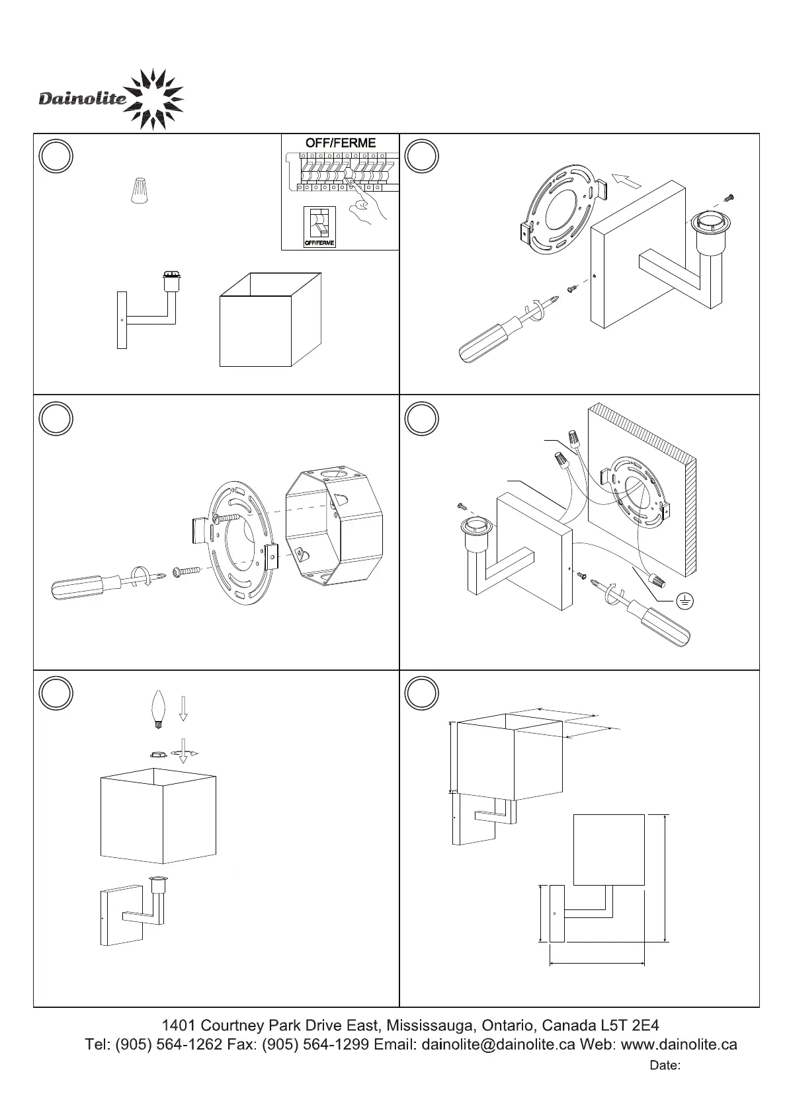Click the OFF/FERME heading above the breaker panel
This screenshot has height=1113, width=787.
(x=340, y=143)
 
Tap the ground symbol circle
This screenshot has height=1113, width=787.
(x=686, y=600)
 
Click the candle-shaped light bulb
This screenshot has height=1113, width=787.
(x=158, y=709)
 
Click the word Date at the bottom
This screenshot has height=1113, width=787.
(x=665, y=1065)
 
